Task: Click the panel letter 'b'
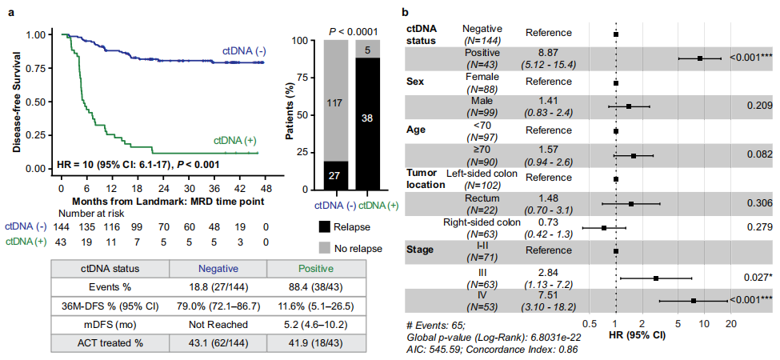[406, 14]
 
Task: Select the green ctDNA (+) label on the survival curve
[236, 141]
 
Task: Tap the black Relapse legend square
[323, 226]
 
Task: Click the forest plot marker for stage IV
[693, 301]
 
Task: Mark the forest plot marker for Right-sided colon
[604, 228]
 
